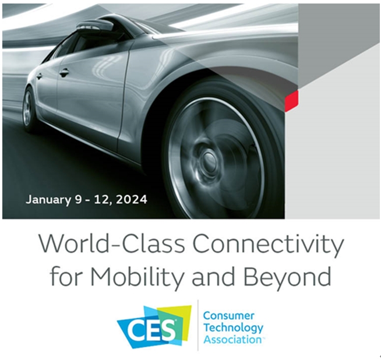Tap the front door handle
coord(63,72)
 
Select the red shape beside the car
coord(291,101)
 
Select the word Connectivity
coord(268,245)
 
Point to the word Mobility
coord(136,277)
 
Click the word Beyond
coord(287,277)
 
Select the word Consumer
coord(228,316)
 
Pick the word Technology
coord(233,328)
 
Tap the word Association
coord(233,340)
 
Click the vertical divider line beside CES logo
coord(198,326)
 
